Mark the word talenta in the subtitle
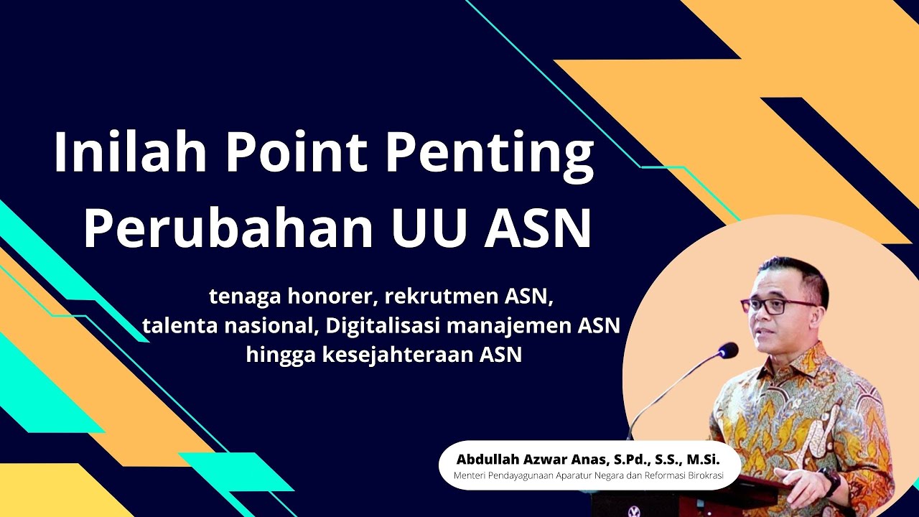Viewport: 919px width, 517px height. (177, 325)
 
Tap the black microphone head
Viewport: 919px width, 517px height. (728, 350)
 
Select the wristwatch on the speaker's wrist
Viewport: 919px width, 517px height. (832, 482)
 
